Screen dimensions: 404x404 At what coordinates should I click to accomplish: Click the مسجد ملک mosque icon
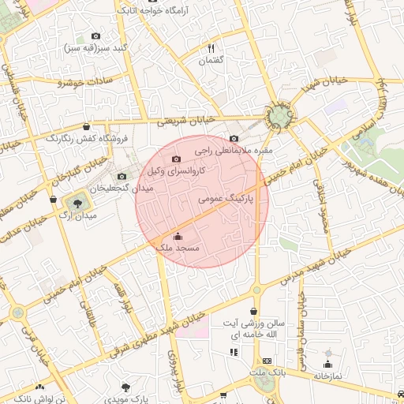[x=177, y=236]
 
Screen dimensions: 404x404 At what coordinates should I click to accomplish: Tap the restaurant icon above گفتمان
[x=211, y=48]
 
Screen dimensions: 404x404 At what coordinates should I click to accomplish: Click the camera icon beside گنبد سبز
[x=96, y=36]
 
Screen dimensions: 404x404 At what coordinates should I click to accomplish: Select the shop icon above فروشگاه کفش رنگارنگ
[x=85, y=126]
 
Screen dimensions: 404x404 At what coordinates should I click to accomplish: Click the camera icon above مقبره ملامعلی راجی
[x=234, y=139]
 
